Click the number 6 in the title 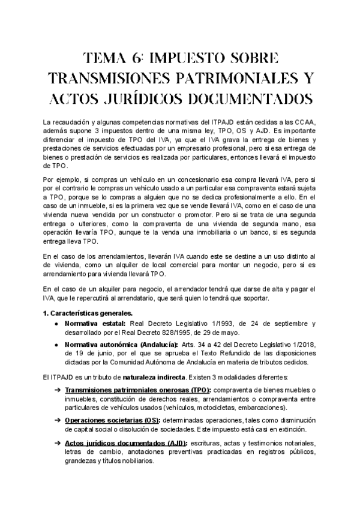[137, 58]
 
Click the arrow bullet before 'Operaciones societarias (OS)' [57, 420]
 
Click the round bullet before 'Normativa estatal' [55, 323]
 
